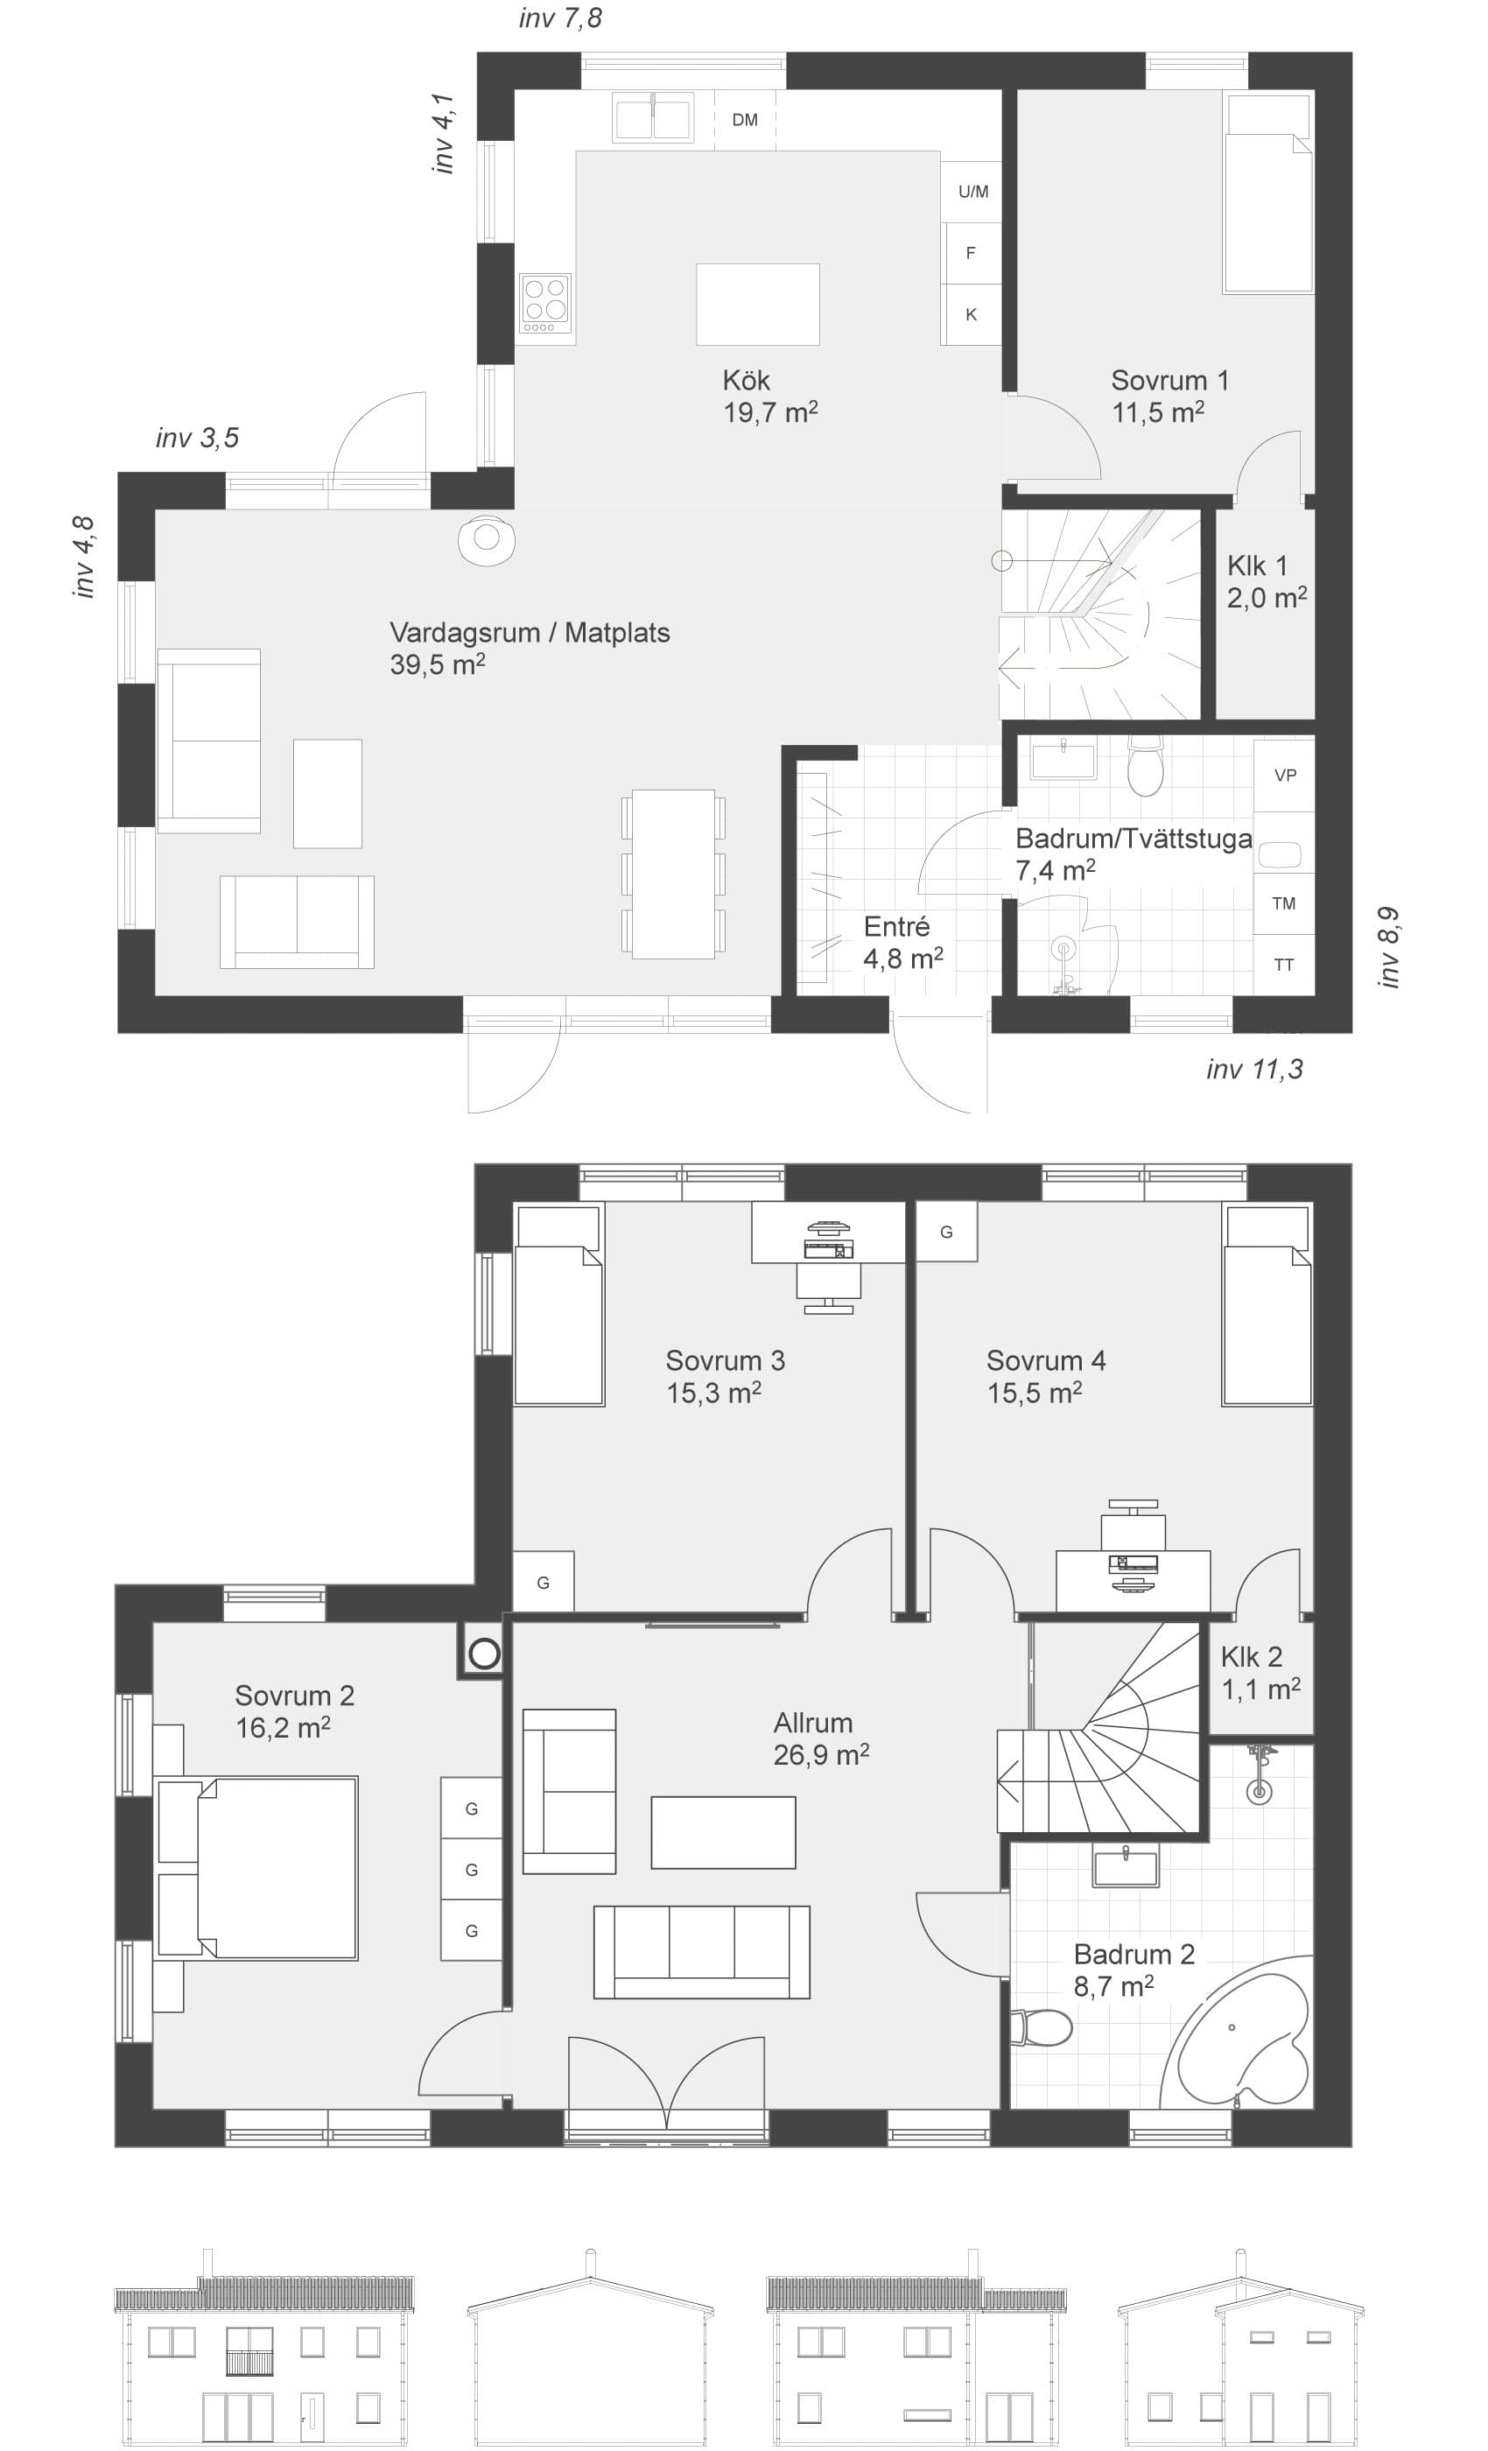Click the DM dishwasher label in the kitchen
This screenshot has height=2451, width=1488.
[x=744, y=121]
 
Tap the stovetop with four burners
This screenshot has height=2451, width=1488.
[x=545, y=304]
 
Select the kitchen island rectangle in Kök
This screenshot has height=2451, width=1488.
[x=757, y=305]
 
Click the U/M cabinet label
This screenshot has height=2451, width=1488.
[x=972, y=191]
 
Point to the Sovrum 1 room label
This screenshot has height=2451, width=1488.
[x=1169, y=395]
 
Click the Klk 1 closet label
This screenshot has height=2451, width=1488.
[x=1267, y=581]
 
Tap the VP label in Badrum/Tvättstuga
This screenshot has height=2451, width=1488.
[x=1285, y=775]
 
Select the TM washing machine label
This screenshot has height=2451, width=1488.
[x=1283, y=903]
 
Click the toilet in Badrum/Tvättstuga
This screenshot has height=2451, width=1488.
[x=1146, y=765]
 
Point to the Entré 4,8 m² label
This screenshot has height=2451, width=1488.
[x=902, y=942]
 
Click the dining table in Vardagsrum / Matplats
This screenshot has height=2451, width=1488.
[x=673, y=874]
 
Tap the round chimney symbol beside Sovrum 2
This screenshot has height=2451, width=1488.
[x=484, y=1654]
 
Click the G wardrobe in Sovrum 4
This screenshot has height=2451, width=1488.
[x=946, y=1232]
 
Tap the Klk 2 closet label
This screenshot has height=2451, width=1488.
[x=1260, y=1673]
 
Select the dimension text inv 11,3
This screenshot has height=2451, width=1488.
[x=1254, y=1070]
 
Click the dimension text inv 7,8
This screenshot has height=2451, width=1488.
[x=560, y=18]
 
